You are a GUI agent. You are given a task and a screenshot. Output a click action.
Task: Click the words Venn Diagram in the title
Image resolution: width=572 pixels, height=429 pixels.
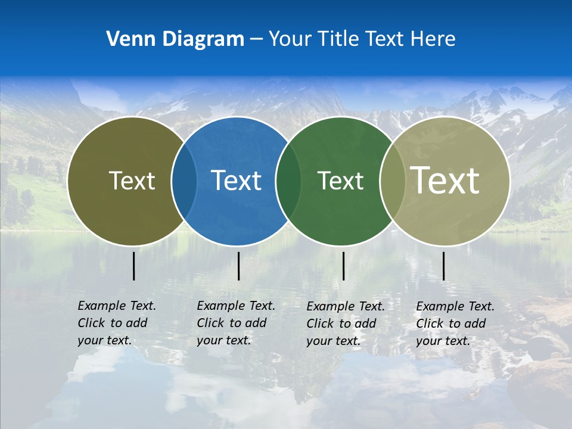(175, 39)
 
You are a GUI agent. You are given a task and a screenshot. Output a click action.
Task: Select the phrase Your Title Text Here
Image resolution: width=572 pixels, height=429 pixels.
(362, 39)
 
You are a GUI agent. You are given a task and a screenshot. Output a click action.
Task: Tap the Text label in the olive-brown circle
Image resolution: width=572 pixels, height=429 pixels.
(132, 181)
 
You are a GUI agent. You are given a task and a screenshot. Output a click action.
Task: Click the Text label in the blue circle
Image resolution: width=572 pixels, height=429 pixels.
(236, 181)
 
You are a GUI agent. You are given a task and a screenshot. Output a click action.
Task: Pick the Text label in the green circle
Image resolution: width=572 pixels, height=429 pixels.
(340, 181)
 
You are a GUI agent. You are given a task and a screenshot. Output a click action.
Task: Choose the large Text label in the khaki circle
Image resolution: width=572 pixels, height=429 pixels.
(445, 180)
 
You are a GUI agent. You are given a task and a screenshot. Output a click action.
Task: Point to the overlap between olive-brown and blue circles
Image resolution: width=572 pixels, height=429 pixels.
(184, 181)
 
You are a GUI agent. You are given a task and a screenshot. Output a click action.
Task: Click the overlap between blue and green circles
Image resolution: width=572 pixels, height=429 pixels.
(288, 181)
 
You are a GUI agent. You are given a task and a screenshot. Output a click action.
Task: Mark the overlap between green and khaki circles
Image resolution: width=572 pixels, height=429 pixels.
(392, 181)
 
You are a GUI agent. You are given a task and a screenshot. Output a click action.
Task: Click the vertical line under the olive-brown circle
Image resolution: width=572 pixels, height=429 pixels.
(134, 266)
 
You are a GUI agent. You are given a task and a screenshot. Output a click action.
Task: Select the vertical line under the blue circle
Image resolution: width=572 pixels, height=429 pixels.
(238, 266)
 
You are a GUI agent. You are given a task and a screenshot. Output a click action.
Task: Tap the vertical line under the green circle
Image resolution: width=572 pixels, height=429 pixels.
(343, 266)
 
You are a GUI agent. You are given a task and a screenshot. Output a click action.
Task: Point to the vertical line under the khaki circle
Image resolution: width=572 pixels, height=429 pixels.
(443, 266)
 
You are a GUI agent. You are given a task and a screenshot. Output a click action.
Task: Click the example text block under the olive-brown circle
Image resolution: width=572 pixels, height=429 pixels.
(116, 323)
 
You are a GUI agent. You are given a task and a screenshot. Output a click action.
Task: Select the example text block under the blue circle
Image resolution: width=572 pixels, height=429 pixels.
(235, 323)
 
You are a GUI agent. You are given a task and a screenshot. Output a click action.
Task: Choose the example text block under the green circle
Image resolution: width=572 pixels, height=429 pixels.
(345, 324)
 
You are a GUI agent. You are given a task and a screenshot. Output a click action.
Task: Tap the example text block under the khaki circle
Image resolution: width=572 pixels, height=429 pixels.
(455, 324)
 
